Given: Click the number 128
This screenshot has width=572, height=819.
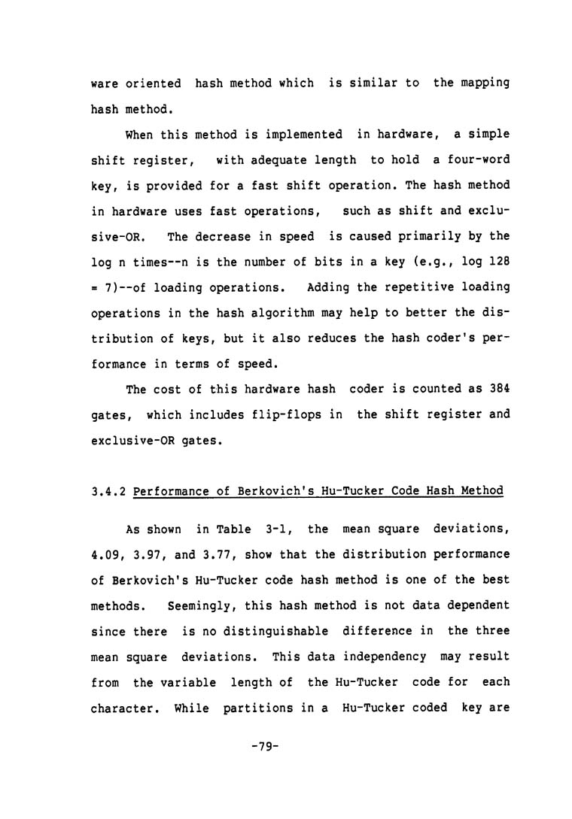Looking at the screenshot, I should (497, 262).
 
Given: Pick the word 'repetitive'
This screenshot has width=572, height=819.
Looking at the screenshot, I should (406, 287).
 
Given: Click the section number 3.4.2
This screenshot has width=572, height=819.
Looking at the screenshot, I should (105, 491).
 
